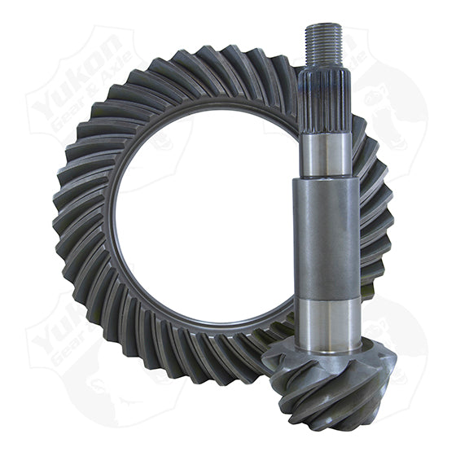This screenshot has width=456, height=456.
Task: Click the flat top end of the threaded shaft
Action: click(322, 26)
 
